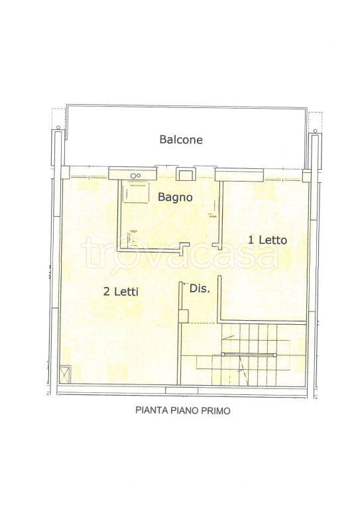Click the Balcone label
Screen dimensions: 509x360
pyautogui.click(x=180, y=140)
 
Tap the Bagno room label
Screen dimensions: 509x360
pyautogui.click(x=175, y=197)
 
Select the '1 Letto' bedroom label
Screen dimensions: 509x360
pyautogui.click(x=267, y=240)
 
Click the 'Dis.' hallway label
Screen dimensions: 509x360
pyautogui.click(x=199, y=288)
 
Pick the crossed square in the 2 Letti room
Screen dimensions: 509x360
pyautogui.click(x=65, y=373)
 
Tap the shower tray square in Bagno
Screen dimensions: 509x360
pyautogui.click(x=138, y=193)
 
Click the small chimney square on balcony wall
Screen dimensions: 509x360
pyautogui.click(x=184, y=174)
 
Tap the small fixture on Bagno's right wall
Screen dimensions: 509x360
pyautogui.click(x=213, y=214)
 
